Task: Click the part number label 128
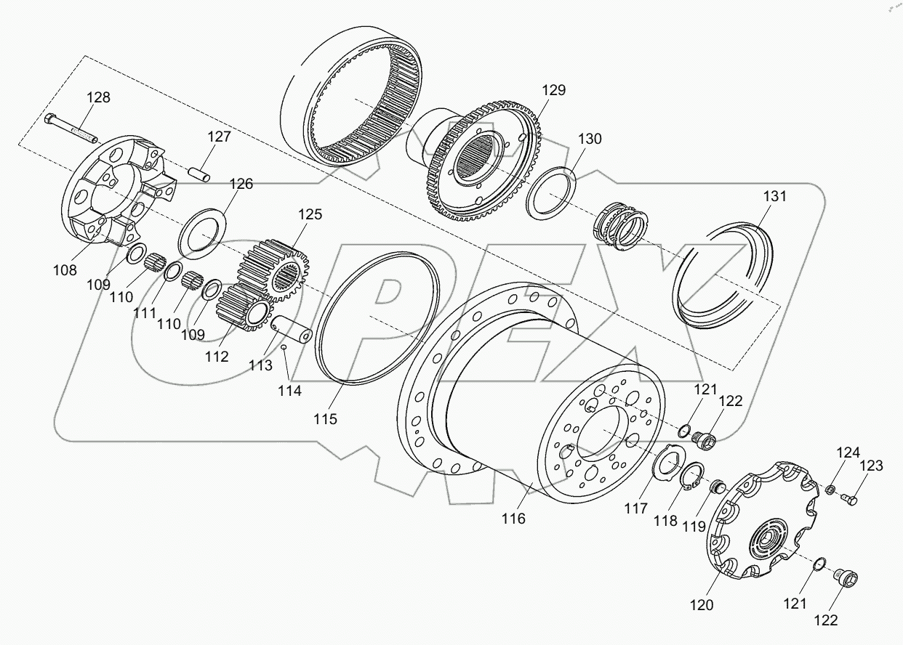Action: point(99,97)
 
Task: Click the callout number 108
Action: point(65,270)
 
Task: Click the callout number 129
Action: point(553,90)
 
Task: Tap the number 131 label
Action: point(774,196)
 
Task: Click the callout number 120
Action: point(702,604)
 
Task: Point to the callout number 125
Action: point(309,215)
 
